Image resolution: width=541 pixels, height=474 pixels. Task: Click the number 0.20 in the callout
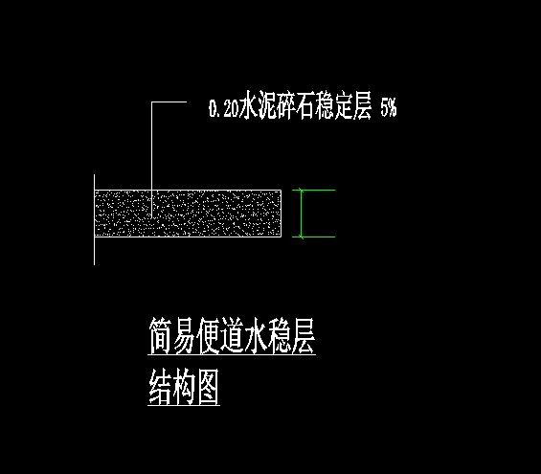tap(223, 108)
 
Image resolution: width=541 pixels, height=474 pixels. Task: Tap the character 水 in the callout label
tap(250, 105)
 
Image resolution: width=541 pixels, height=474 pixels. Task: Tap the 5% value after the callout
tap(389, 107)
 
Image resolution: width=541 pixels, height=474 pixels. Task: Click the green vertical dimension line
tap(301, 214)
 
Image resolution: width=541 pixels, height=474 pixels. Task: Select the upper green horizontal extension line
tap(314, 191)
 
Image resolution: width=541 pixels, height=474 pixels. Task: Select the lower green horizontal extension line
tap(314, 237)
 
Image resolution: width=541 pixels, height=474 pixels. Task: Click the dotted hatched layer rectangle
tap(188, 214)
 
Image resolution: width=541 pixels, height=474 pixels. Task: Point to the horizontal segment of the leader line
tap(169, 102)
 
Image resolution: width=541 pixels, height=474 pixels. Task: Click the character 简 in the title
tap(160, 336)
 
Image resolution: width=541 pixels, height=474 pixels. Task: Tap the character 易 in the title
tap(184, 336)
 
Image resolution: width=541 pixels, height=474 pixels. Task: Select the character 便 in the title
tap(208, 336)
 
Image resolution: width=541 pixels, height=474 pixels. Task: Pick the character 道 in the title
tap(232, 336)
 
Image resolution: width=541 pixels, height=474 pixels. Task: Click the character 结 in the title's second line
tap(160, 387)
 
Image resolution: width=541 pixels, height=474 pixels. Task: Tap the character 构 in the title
tap(184, 387)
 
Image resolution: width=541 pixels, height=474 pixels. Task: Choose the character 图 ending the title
tap(208, 387)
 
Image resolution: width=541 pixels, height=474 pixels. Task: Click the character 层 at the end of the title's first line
tap(304, 336)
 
